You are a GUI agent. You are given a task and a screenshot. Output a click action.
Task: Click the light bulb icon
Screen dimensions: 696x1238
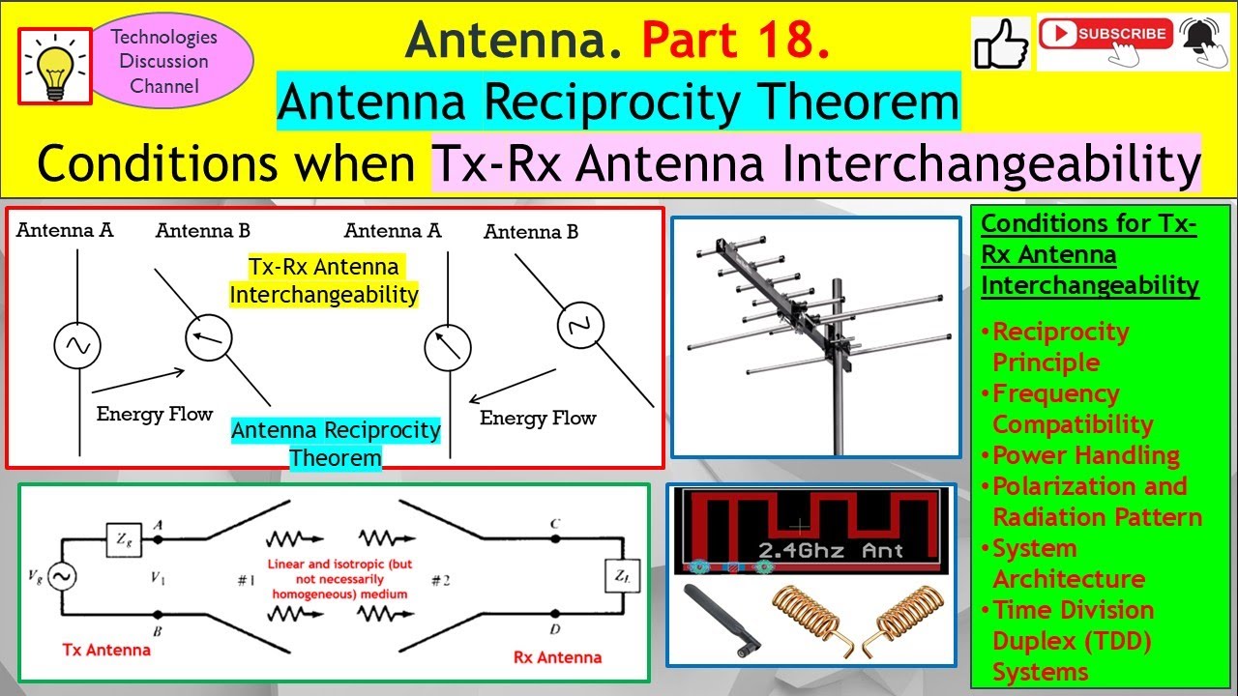pos(54,66)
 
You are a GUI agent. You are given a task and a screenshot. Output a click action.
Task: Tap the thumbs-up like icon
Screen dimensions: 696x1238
pos(1001,43)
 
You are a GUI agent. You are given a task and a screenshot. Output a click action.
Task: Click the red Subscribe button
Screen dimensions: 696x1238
pos(1105,34)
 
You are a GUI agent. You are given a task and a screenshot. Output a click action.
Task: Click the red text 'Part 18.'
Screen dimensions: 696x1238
pos(735,40)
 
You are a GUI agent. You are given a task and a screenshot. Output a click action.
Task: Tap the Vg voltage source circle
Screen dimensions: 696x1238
pos(63,577)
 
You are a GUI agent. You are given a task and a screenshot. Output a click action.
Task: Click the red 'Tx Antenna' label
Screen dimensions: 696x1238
pos(105,650)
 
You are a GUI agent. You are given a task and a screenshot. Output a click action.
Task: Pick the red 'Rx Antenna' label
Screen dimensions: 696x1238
pos(556,657)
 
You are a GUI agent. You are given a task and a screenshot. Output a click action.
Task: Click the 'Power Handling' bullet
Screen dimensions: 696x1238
pos(1085,455)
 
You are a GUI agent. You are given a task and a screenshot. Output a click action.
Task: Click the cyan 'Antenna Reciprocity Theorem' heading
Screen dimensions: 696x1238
pos(618,103)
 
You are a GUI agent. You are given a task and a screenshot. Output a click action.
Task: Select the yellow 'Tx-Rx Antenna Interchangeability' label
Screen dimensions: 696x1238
pos(323,280)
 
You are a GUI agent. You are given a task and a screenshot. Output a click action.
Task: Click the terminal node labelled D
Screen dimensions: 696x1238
pos(555,615)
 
